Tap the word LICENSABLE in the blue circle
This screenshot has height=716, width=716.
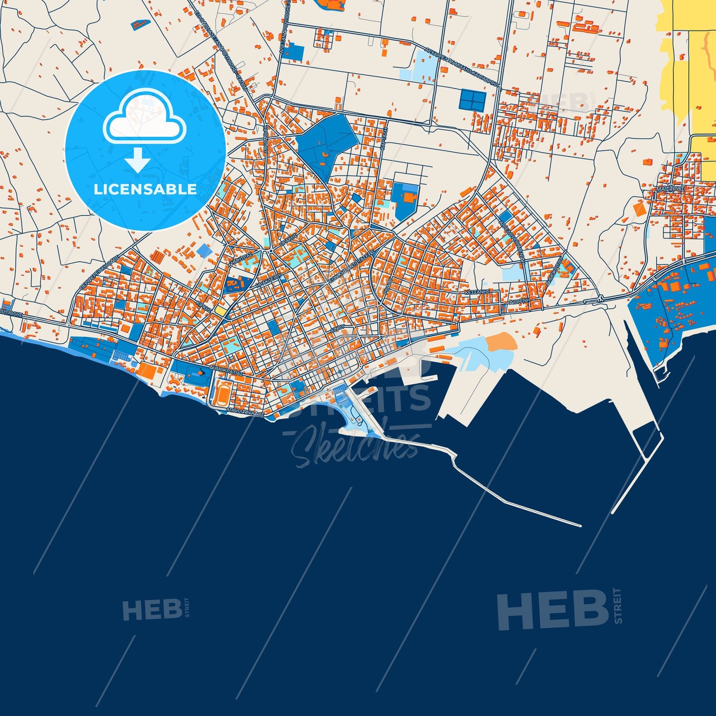[x=145, y=189]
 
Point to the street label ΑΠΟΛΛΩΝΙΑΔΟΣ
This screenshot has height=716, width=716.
[x=245, y=411]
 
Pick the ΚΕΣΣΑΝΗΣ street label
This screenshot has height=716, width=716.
[x=477, y=292]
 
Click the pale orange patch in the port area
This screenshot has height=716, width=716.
[x=501, y=342]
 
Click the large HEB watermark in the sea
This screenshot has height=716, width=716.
[x=552, y=609]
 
